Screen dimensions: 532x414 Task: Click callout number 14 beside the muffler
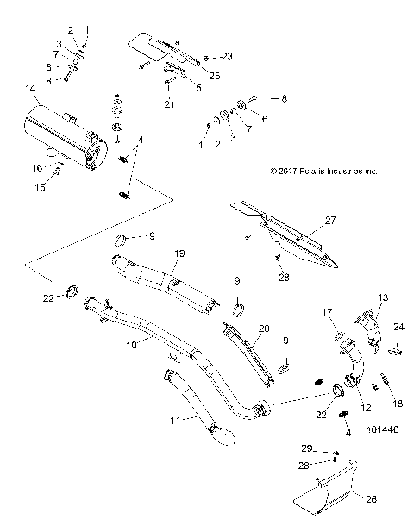click(31, 88)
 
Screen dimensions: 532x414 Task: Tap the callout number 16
click(37, 168)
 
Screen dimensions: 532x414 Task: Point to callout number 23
click(227, 56)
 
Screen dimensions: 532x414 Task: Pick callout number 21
click(170, 104)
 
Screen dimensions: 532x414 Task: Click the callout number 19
click(180, 253)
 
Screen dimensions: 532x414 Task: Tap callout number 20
click(264, 329)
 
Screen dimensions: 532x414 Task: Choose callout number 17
click(328, 311)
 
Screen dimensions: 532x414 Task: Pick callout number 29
click(306, 449)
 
